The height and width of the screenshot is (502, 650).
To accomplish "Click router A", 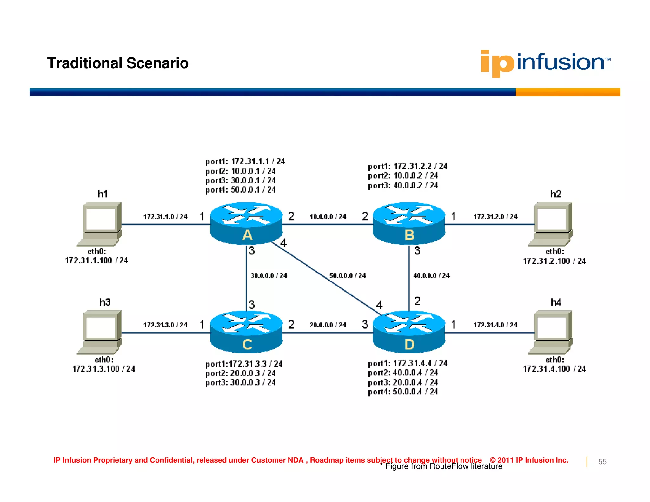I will coord(246,223).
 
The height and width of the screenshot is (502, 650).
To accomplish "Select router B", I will coord(409,223).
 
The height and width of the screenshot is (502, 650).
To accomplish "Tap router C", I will coord(246,332).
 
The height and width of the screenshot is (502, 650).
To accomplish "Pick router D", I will coord(409,332).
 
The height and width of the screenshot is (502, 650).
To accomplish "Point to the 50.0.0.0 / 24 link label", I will coord(348,276).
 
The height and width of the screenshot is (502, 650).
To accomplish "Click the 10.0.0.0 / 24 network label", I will coord(328,217).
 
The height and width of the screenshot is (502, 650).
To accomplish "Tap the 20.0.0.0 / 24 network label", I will coord(328,325).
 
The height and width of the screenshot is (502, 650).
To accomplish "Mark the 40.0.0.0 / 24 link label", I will coord(431,276).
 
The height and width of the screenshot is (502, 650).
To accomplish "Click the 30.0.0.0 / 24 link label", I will coord(269,276).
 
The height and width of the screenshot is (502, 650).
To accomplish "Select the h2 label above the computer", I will coord(556,194).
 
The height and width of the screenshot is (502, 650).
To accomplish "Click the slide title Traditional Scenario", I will coord(118,63).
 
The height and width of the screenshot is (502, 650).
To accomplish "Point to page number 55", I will coord(602,462).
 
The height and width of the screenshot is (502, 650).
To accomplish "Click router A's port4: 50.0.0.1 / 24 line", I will coord(240,190).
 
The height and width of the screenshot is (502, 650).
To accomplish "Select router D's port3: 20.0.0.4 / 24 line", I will coord(403,382).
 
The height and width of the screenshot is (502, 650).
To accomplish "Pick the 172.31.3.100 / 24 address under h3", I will coord(104,369).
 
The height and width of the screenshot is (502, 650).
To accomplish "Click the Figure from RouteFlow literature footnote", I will coord(441,466).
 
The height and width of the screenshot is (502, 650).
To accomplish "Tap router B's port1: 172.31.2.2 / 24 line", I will coord(408,166).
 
